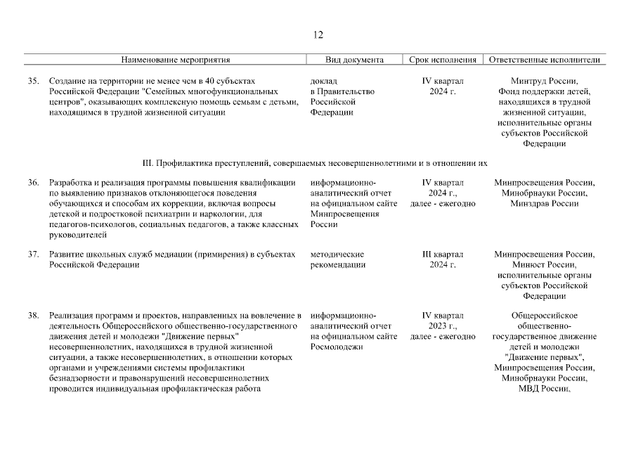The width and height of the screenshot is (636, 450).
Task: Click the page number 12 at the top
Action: click(x=318, y=35)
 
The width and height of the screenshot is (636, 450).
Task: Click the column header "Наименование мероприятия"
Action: click(x=176, y=60)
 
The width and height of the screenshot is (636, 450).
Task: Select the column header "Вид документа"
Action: click(x=355, y=60)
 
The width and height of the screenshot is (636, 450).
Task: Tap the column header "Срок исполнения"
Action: click(x=443, y=60)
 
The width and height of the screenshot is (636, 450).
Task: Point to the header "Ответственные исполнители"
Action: click(x=545, y=60)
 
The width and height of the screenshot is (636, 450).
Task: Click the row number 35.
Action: click(x=33, y=81)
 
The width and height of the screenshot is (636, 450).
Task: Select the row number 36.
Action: click(x=33, y=183)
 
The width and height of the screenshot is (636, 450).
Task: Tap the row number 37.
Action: click(x=33, y=255)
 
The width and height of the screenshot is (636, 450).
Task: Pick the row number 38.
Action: click(x=33, y=316)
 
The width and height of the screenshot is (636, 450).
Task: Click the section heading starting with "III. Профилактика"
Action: click(x=314, y=163)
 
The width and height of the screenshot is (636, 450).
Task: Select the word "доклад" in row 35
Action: click(x=323, y=81)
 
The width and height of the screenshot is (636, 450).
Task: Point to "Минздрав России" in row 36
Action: click(x=545, y=204)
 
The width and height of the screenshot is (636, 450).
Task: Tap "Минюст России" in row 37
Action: click(x=545, y=265)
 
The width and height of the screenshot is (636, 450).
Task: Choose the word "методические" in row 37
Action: click(x=337, y=255)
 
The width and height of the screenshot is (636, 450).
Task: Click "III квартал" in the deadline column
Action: click(x=443, y=255)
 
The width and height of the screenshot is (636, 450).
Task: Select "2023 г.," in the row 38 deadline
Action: click(x=443, y=326)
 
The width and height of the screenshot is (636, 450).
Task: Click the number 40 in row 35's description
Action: click(x=202, y=81)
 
